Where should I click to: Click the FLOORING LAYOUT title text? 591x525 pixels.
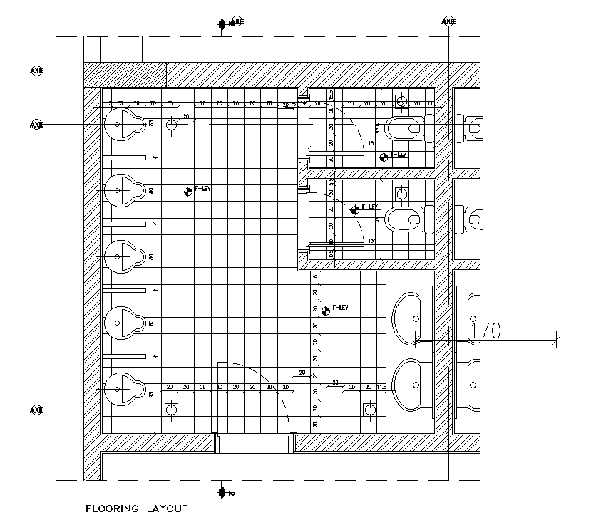pyautogui.click(x=136, y=509)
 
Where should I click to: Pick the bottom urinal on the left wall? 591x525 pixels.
pyautogui.click(x=119, y=388)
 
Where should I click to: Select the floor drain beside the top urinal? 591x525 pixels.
pyautogui.click(x=172, y=125)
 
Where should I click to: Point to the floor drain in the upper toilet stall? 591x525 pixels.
pyautogui.click(x=401, y=103)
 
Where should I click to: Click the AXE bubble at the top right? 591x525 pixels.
pyautogui.click(x=448, y=22)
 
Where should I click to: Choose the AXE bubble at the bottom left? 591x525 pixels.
pyautogui.click(x=36, y=411)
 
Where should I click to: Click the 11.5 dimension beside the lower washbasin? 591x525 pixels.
pyautogui.click(x=381, y=387)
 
